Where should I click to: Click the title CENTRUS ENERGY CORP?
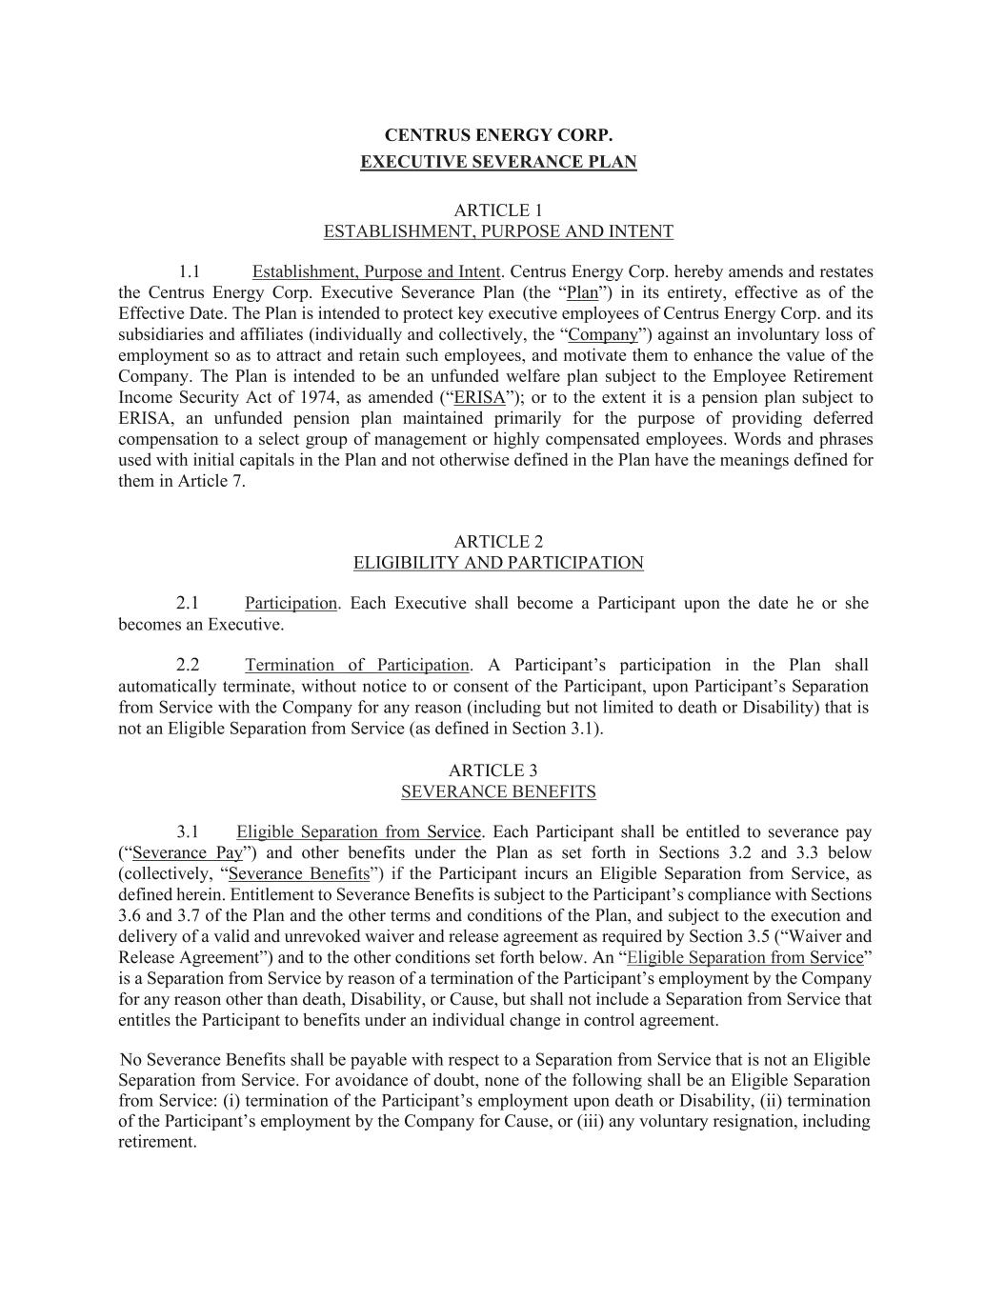(498, 136)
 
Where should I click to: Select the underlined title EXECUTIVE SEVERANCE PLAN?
(498, 162)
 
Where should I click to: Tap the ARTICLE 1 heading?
(498, 210)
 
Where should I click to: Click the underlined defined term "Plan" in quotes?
(582, 293)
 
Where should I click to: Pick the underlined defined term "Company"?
(602, 335)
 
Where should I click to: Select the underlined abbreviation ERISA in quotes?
(479, 398)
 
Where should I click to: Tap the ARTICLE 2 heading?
(498, 542)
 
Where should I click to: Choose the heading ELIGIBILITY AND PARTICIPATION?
(498, 563)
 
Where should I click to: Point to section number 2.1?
(188, 603)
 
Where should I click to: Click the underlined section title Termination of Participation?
(356, 666)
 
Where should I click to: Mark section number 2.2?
(188, 666)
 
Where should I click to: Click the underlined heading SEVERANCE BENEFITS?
(498, 791)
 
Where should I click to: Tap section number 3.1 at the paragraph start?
(188, 832)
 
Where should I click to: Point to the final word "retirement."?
(157, 1142)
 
